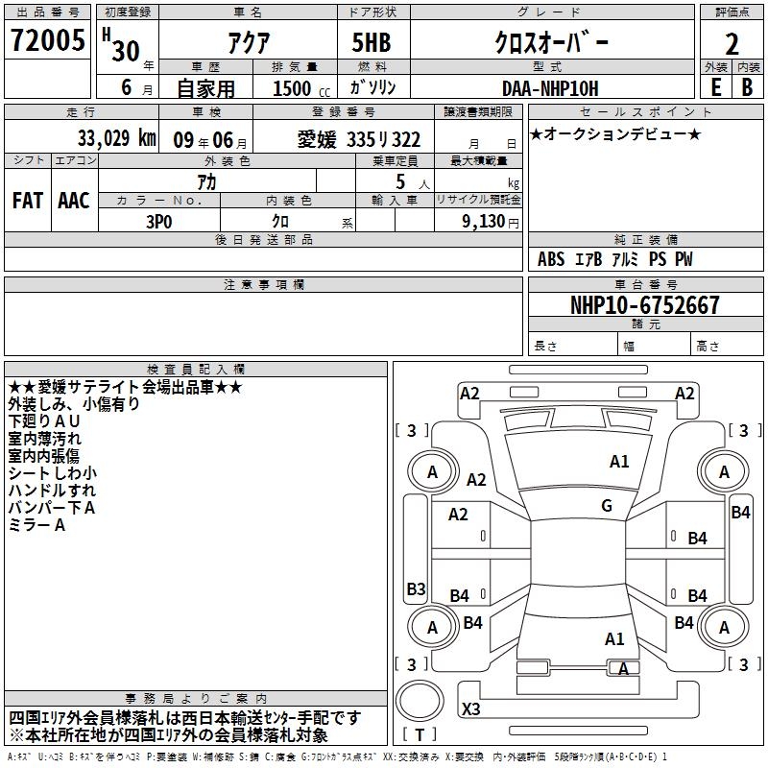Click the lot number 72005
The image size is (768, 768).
click(x=47, y=39)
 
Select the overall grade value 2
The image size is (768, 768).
click(x=732, y=44)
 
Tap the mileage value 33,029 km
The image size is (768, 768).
click(x=116, y=138)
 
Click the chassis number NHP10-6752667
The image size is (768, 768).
click(x=645, y=304)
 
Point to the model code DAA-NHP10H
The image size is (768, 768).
click(x=550, y=88)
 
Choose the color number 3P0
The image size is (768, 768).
click(x=159, y=222)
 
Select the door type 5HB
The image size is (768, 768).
click(x=372, y=42)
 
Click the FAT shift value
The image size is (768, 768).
click(x=28, y=201)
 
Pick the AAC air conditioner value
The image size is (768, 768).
click(x=74, y=201)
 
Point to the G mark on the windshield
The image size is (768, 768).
click(x=607, y=505)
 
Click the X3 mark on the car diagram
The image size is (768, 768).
click(x=470, y=708)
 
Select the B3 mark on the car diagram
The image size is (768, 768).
click(x=416, y=588)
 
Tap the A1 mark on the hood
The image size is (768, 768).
click(x=619, y=461)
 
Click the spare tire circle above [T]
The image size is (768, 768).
click(x=420, y=701)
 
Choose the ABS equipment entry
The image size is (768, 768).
click(x=551, y=259)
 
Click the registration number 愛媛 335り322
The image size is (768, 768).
click(x=359, y=139)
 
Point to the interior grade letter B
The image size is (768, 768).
click(x=747, y=87)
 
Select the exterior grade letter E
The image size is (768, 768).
click(x=715, y=87)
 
